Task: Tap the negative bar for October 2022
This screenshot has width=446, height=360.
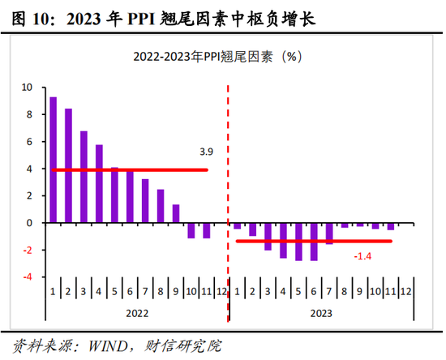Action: click(x=191, y=230)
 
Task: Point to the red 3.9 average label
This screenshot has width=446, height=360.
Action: click(x=206, y=152)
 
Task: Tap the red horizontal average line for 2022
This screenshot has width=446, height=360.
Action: click(x=130, y=169)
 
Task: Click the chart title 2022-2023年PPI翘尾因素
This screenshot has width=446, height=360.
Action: click(x=221, y=58)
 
